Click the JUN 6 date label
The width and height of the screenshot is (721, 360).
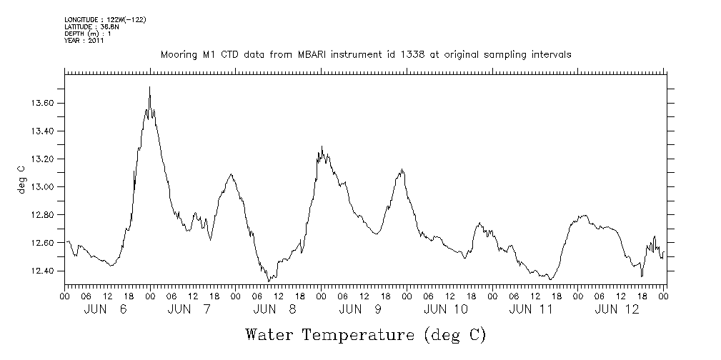tap(105, 309)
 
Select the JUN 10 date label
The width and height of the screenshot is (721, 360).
tap(446, 309)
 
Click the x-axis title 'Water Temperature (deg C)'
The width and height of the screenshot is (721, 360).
tap(365, 334)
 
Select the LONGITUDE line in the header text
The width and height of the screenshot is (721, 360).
tap(105, 20)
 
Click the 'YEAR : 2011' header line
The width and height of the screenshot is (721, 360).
tap(84, 41)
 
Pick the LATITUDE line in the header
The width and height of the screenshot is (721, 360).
tap(91, 27)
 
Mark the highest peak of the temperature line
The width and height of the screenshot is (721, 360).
tap(149, 87)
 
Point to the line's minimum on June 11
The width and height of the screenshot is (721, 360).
tap(550, 279)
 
